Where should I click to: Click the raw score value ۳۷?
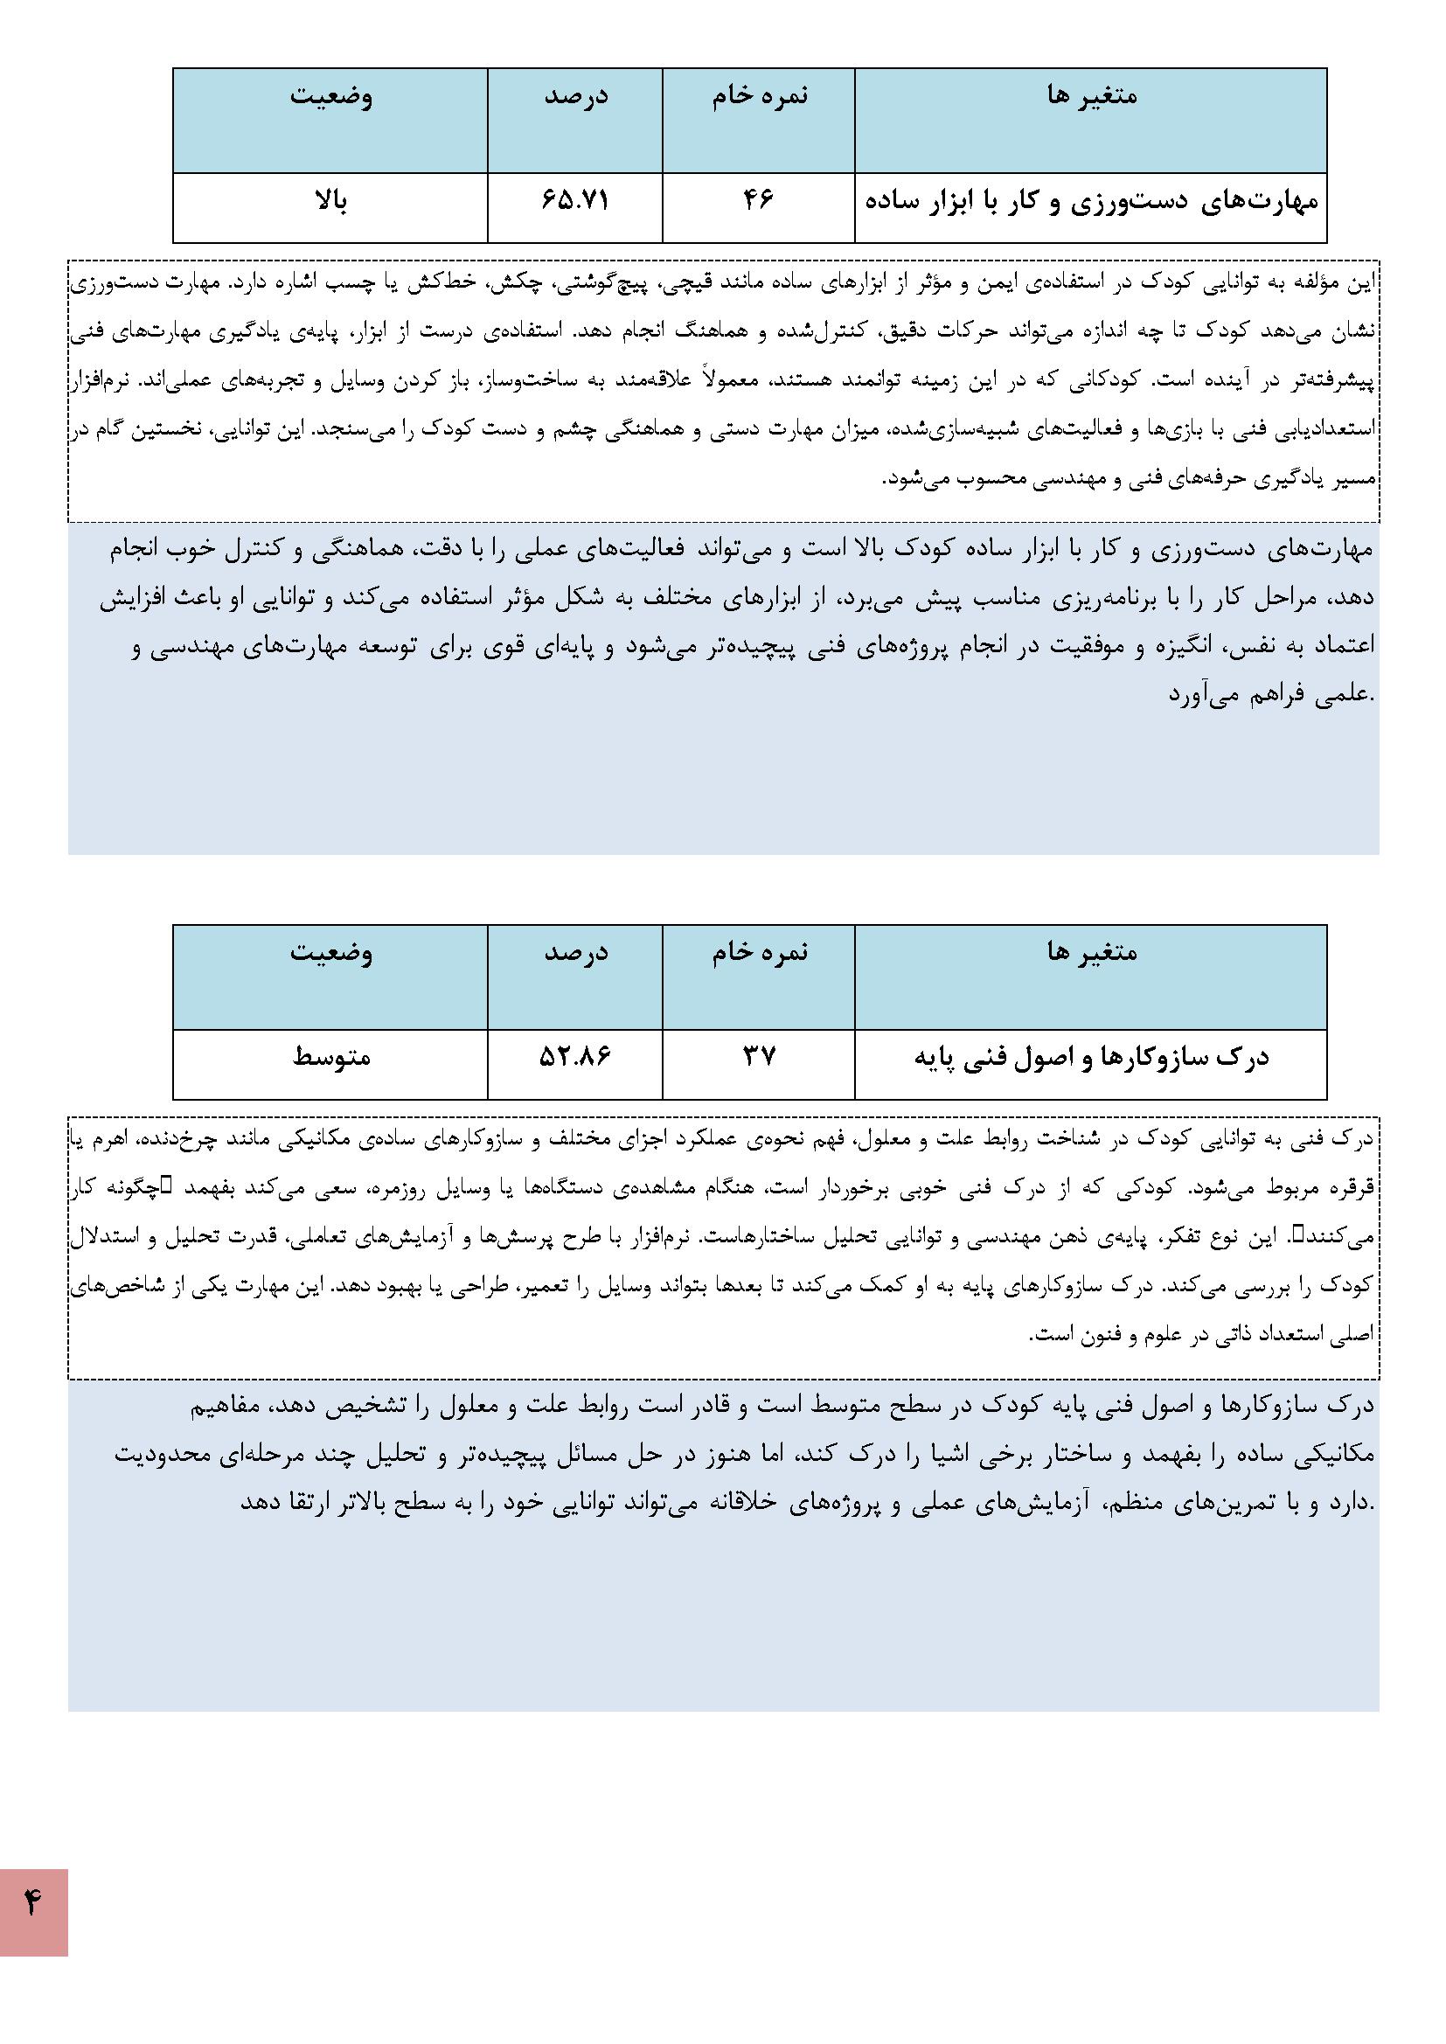[x=759, y=1058]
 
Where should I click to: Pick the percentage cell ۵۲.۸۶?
[x=575, y=1058]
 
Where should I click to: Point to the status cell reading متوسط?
[x=331, y=1058]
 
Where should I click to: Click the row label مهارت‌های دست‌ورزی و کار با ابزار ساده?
[x=1091, y=202]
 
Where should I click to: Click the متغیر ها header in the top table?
[x=1092, y=95]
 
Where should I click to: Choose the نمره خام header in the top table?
[x=759, y=95]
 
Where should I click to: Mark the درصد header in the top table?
[x=575, y=95]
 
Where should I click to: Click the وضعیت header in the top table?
[x=330, y=95]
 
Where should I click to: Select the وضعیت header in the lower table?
[x=330, y=952]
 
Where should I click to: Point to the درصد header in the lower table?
[x=575, y=952]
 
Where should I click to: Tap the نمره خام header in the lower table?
[x=759, y=952]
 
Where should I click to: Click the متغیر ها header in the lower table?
[x=1092, y=952]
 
